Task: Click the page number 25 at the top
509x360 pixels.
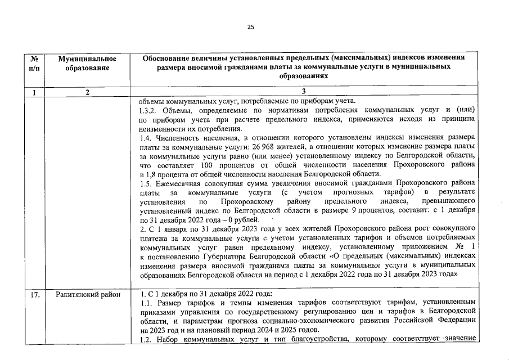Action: click(x=251, y=26)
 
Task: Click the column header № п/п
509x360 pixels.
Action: click(x=34, y=63)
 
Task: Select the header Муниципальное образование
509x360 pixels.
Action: click(x=87, y=63)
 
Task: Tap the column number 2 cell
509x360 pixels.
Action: click(x=87, y=93)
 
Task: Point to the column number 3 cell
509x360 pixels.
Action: click(x=304, y=93)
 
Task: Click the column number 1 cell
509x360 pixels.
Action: click(x=34, y=93)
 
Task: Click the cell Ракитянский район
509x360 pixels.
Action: click(x=87, y=294)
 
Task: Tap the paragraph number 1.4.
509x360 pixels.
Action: click(x=145, y=138)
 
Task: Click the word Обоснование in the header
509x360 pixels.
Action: click(x=168, y=58)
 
